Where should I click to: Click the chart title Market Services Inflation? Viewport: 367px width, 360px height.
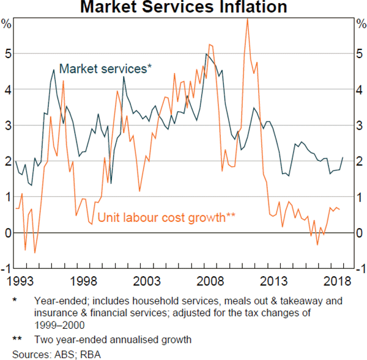coord(183,7)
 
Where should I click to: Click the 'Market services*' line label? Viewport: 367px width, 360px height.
coord(105,68)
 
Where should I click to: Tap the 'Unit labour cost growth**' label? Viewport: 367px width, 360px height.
coord(167,216)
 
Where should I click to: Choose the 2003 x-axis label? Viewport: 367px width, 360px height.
coord(148,282)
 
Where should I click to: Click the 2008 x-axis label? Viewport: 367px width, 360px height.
coord(212,282)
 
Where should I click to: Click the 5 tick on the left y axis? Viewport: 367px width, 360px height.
coord(8,54)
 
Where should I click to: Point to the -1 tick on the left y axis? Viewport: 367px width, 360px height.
coord(7,269)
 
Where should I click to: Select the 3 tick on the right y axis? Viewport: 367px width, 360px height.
coord(359,125)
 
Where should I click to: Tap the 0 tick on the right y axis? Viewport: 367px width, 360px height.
coord(359,233)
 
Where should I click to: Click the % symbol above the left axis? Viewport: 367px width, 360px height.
coord(7,24)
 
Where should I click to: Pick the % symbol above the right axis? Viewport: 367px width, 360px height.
coord(360,24)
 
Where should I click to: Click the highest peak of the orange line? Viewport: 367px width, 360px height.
coord(247,18)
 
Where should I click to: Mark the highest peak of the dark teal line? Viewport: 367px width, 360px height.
coord(206,54)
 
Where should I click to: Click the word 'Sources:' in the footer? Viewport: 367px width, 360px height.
coord(29,354)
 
